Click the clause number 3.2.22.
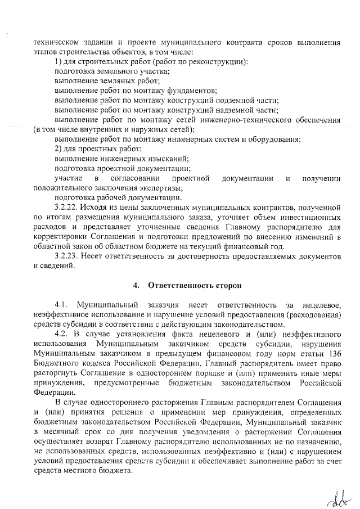point(68,207)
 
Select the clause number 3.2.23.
point(68,256)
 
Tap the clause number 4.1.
point(61,305)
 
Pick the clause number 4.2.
point(61,334)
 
